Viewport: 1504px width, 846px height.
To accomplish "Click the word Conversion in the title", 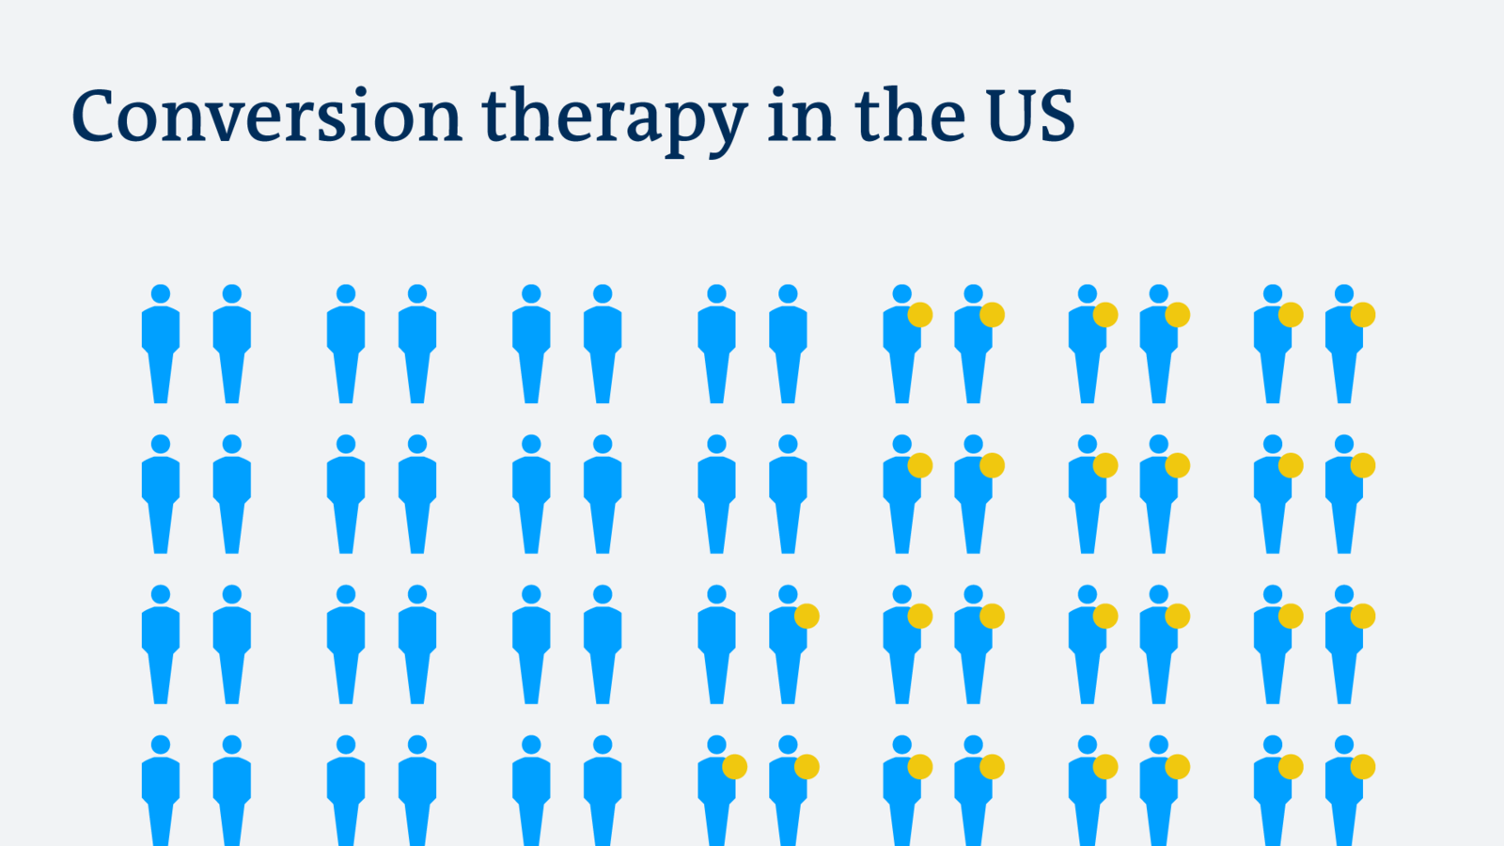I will (x=267, y=117).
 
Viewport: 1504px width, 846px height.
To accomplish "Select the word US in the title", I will (x=1030, y=117).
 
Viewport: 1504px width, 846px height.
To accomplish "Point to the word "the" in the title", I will (x=910, y=117).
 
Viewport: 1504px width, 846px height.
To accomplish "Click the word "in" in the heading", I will (x=801, y=117).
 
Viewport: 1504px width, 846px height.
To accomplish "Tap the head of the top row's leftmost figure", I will (x=161, y=294).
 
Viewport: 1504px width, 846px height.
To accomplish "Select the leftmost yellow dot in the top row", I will (x=920, y=315).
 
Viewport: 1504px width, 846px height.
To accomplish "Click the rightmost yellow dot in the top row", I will (x=1363, y=315).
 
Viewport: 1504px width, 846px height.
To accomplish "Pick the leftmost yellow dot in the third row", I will (x=807, y=616).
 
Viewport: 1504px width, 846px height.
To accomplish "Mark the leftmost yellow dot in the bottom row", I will (x=735, y=767).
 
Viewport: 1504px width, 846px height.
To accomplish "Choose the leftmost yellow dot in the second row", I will (x=920, y=465).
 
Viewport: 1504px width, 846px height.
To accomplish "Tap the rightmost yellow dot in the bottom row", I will (x=1363, y=767).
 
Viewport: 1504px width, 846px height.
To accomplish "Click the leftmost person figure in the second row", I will (x=161, y=498).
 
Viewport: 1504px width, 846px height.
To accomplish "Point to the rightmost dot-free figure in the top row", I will (x=788, y=348).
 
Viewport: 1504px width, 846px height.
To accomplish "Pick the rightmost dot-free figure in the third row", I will (x=716, y=649).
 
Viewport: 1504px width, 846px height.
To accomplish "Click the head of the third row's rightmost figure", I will (x=1344, y=595).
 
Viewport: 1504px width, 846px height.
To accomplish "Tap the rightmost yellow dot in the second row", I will (x=1363, y=465).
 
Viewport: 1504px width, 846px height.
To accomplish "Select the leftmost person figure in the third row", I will (x=161, y=649).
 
